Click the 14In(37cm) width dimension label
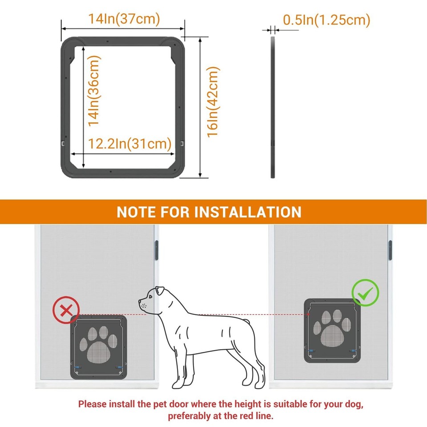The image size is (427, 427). (123, 19)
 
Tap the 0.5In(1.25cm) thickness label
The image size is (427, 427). (326, 20)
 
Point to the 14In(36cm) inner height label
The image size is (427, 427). (94, 90)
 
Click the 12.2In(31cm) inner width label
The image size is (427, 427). (129, 144)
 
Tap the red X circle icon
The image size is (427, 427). (66, 310)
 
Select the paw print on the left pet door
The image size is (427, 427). (99, 343)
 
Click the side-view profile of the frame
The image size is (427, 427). (273, 107)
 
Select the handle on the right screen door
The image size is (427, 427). (390, 250)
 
